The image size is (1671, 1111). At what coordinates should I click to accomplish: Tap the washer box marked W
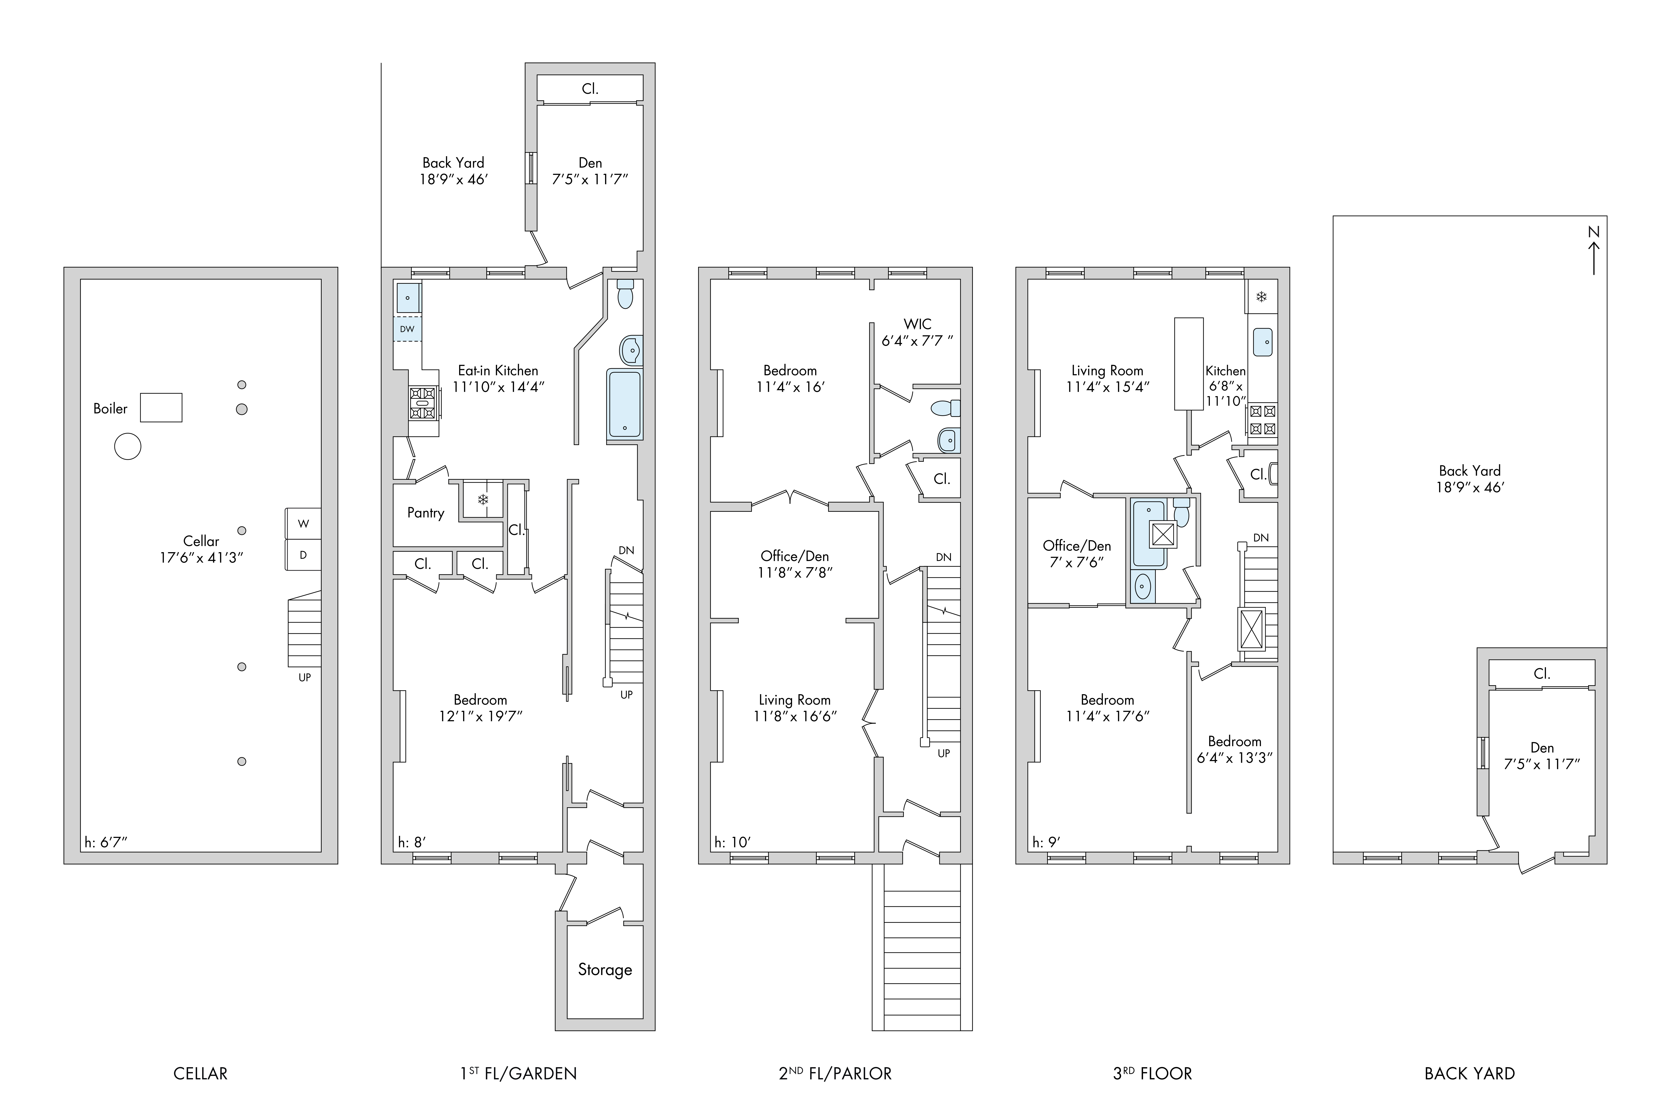[x=303, y=524]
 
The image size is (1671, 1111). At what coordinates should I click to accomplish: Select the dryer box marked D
[x=303, y=555]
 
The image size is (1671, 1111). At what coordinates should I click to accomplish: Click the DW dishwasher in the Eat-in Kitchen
[x=407, y=329]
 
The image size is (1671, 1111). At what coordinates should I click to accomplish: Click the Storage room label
[x=605, y=969]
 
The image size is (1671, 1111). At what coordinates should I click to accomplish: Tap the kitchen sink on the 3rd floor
[x=1262, y=342]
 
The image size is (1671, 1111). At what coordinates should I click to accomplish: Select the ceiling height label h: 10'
[x=732, y=842]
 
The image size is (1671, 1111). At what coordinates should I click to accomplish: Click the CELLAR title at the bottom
[x=201, y=1073]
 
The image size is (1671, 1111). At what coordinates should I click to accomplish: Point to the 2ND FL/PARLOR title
[x=835, y=1073]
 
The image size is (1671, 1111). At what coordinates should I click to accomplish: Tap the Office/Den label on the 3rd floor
[x=1077, y=546]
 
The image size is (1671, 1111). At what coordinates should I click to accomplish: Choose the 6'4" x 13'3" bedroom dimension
[x=1235, y=757]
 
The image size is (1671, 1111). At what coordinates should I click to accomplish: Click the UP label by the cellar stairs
[x=305, y=677]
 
